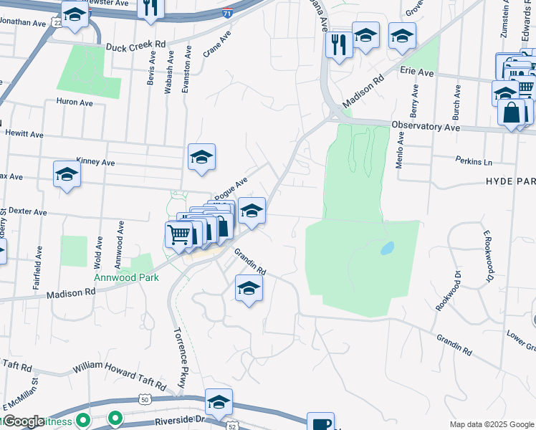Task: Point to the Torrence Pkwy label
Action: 179,358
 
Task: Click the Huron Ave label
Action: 75,102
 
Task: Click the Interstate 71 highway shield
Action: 227,13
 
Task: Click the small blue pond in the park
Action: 387,248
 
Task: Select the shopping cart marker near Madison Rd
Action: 178,233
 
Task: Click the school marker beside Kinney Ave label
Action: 202,157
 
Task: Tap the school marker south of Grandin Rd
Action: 249,288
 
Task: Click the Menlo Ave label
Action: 400,148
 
